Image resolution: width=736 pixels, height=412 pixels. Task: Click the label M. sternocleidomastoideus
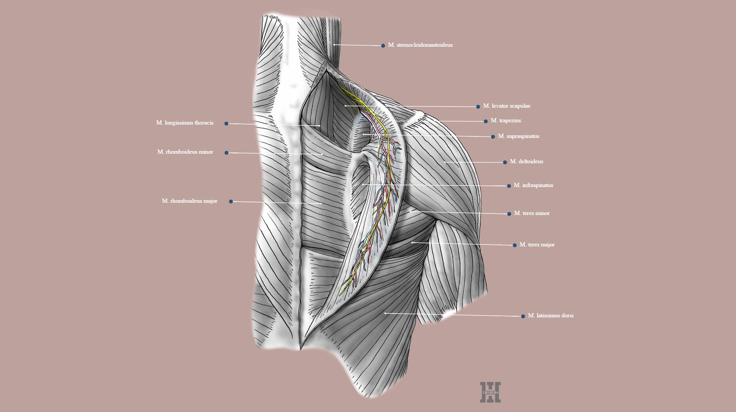pyautogui.click(x=420, y=45)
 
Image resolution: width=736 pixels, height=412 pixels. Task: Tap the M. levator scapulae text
pyautogui.click(x=507, y=106)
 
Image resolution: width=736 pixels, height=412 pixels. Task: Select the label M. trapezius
pyautogui.click(x=506, y=121)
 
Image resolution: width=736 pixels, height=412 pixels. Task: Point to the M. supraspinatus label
pyautogui.click(x=519, y=136)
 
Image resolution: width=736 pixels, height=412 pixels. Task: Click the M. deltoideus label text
pyautogui.click(x=526, y=162)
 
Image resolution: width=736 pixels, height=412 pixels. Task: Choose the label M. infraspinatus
pyautogui.click(x=533, y=185)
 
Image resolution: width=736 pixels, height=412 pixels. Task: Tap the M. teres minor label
pyautogui.click(x=532, y=213)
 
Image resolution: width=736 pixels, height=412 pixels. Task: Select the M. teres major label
pyautogui.click(x=537, y=245)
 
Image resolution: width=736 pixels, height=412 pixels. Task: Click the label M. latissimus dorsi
pyautogui.click(x=550, y=316)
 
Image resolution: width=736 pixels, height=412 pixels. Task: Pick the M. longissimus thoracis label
pyautogui.click(x=185, y=123)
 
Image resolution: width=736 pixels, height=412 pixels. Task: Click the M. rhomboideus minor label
pyautogui.click(x=185, y=152)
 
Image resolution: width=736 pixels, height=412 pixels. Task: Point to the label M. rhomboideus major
pyautogui.click(x=189, y=201)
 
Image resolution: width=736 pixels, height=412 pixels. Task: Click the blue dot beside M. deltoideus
pyautogui.click(x=505, y=163)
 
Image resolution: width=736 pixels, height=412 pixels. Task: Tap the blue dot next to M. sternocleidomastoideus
pyautogui.click(x=383, y=46)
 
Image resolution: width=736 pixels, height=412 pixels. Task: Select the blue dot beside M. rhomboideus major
pyautogui.click(x=231, y=202)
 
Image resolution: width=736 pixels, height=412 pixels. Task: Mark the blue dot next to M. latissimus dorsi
pyautogui.click(x=523, y=317)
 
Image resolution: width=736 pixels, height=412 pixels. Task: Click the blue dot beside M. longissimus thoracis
pyautogui.click(x=226, y=123)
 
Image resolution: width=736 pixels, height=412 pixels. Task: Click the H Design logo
pyautogui.click(x=490, y=392)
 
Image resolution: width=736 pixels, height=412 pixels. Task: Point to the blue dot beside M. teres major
pyautogui.click(x=514, y=245)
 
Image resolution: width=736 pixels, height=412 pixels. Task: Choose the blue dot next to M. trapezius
pyautogui.click(x=486, y=121)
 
